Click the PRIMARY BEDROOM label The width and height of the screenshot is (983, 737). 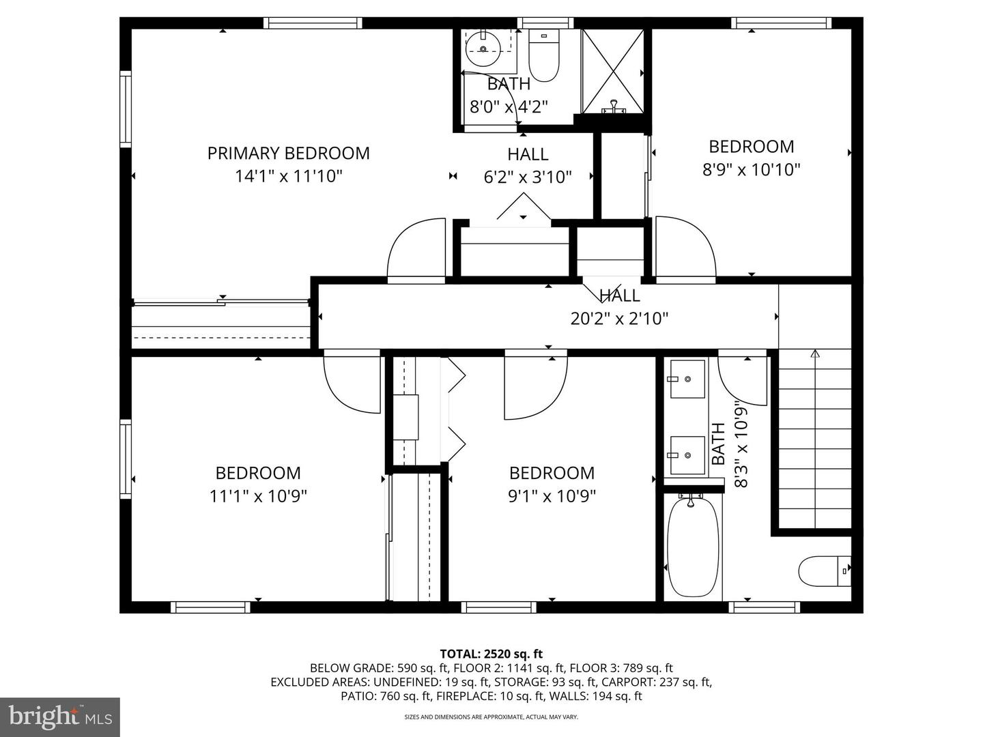coord(288,154)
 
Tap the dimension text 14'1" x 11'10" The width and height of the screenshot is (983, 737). coord(288,176)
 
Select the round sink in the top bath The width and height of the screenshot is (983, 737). coord(483,49)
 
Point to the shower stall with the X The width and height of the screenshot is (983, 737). coord(612,72)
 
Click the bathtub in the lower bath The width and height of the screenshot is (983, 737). coord(693,547)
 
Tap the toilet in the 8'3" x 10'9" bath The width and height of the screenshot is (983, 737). coord(825,571)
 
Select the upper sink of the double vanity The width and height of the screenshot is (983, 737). coord(687,379)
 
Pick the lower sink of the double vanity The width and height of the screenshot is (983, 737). coord(687,455)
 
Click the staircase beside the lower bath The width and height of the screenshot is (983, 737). coord(815,439)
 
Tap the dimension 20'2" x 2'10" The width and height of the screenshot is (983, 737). coord(619,319)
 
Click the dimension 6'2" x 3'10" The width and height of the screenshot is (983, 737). coord(528,177)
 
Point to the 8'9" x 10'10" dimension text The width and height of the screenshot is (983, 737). coord(752,170)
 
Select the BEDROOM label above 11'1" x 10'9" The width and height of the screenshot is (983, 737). coord(258,473)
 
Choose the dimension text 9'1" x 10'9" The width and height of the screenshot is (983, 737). coord(552,496)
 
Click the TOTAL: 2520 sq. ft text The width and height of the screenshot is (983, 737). coord(491,654)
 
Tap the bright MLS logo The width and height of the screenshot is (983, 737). coord(60,717)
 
